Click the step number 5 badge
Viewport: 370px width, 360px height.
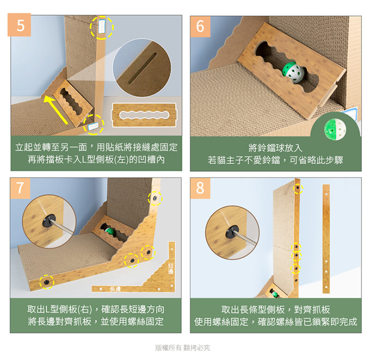click(x=19, y=25)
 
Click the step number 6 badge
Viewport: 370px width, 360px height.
click(x=200, y=26)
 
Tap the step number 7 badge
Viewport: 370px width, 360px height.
click(x=20, y=188)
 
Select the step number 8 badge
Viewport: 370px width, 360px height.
click(x=200, y=188)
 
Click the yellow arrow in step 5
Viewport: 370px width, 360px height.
click(x=55, y=110)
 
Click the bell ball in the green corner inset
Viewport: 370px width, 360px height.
click(x=335, y=130)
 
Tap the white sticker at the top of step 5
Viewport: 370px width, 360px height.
click(x=102, y=26)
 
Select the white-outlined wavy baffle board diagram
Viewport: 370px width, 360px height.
click(x=144, y=115)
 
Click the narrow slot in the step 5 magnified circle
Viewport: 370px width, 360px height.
click(x=142, y=69)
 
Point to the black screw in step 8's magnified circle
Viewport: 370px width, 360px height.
click(x=232, y=231)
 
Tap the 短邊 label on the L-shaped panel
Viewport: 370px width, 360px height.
click(x=171, y=269)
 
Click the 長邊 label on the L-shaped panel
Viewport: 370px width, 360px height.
click(x=115, y=289)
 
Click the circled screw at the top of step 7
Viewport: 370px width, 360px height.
click(x=155, y=198)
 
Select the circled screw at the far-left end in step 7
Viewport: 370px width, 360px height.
click(x=47, y=282)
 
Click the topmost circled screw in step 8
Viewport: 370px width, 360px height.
click(x=298, y=188)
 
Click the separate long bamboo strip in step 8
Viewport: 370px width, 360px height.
click(x=326, y=239)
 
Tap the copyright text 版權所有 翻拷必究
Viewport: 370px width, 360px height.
click(x=183, y=348)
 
